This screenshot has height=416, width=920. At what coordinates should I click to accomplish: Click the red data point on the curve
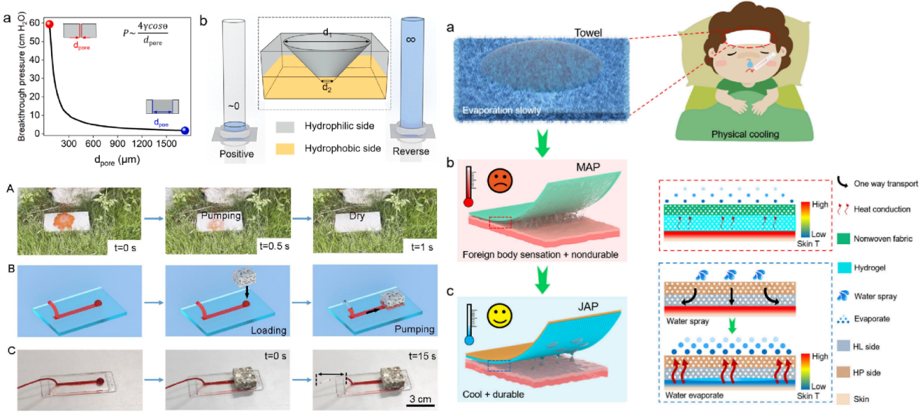[x=50, y=25]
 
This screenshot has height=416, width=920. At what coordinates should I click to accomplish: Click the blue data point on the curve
[x=185, y=130]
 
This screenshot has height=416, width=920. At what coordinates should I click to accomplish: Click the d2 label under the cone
[x=326, y=88]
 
